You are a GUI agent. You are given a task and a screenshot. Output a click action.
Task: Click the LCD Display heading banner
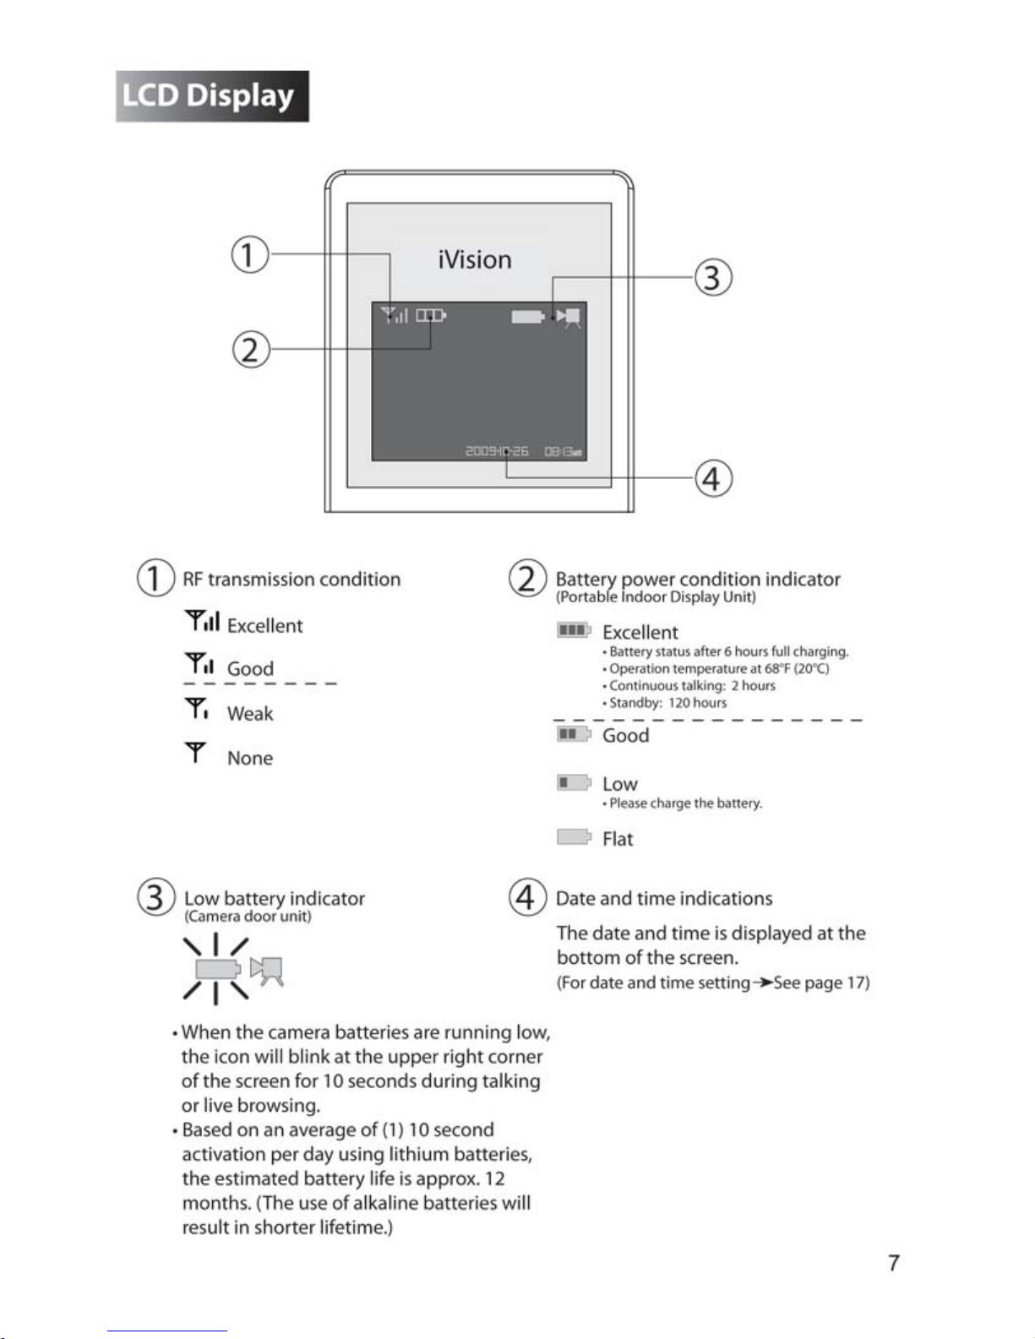coord(212,96)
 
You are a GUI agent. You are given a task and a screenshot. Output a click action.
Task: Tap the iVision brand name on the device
coord(475,259)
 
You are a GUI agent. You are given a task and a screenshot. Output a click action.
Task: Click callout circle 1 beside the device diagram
coord(250,254)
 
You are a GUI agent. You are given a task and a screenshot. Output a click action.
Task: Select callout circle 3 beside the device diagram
coord(712,277)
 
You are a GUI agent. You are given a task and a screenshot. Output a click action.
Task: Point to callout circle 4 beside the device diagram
coord(712,478)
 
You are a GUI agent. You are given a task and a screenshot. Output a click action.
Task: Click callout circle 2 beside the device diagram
coord(251,349)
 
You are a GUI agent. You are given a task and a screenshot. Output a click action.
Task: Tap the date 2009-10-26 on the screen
coord(497,451)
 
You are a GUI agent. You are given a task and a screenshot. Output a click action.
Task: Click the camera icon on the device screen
coord(569,317)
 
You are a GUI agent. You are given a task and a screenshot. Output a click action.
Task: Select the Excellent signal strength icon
coord(203,622)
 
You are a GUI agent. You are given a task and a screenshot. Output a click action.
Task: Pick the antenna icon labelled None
coord(196,752)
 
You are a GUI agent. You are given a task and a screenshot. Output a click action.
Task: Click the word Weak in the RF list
coord(250,714)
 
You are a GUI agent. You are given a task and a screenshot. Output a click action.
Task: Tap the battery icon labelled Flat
coord(574,837)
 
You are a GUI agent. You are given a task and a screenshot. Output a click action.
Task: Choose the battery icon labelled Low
coord(574,782)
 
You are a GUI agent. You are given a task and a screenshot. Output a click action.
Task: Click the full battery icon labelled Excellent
coord(574,630)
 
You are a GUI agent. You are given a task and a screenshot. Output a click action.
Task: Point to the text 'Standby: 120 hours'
coord(667,703)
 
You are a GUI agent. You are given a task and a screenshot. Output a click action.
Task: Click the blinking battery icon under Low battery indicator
coord(218,968)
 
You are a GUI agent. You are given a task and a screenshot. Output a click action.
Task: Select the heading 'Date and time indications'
coord(664,899)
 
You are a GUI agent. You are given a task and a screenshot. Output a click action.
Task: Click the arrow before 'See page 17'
coord(762,982)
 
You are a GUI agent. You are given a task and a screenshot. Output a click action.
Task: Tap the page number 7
coord(894,1263)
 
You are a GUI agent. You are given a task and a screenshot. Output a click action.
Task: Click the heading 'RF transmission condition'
coord(291,580)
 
